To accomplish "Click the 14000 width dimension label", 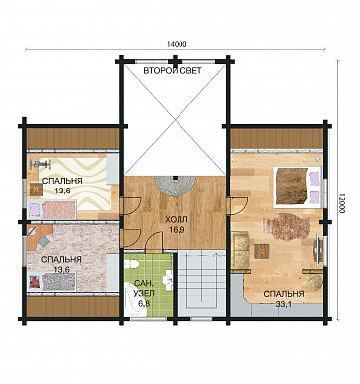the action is pos(177,44).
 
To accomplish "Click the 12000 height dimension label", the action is pos(342,205).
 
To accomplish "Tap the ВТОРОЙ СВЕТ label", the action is pos(173,71).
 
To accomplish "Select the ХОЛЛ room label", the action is pos(177,220).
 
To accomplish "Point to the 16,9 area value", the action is pos(177,230).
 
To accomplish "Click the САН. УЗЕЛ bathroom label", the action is pos(144,289).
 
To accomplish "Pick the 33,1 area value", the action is pos(284,304).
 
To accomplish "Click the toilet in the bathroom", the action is pos(132,265).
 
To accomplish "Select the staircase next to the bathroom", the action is pos(201,283).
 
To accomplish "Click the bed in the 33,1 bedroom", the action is pos(297,188).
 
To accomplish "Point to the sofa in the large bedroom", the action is pos(240,250).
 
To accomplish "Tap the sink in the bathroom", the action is pos(167,278).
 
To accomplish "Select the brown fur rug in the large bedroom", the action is pos(286,227).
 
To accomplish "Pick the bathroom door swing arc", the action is pos(153,238).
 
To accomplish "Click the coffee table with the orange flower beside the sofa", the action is pos(262,251).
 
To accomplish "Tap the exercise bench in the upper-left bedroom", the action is pos(41,164).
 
